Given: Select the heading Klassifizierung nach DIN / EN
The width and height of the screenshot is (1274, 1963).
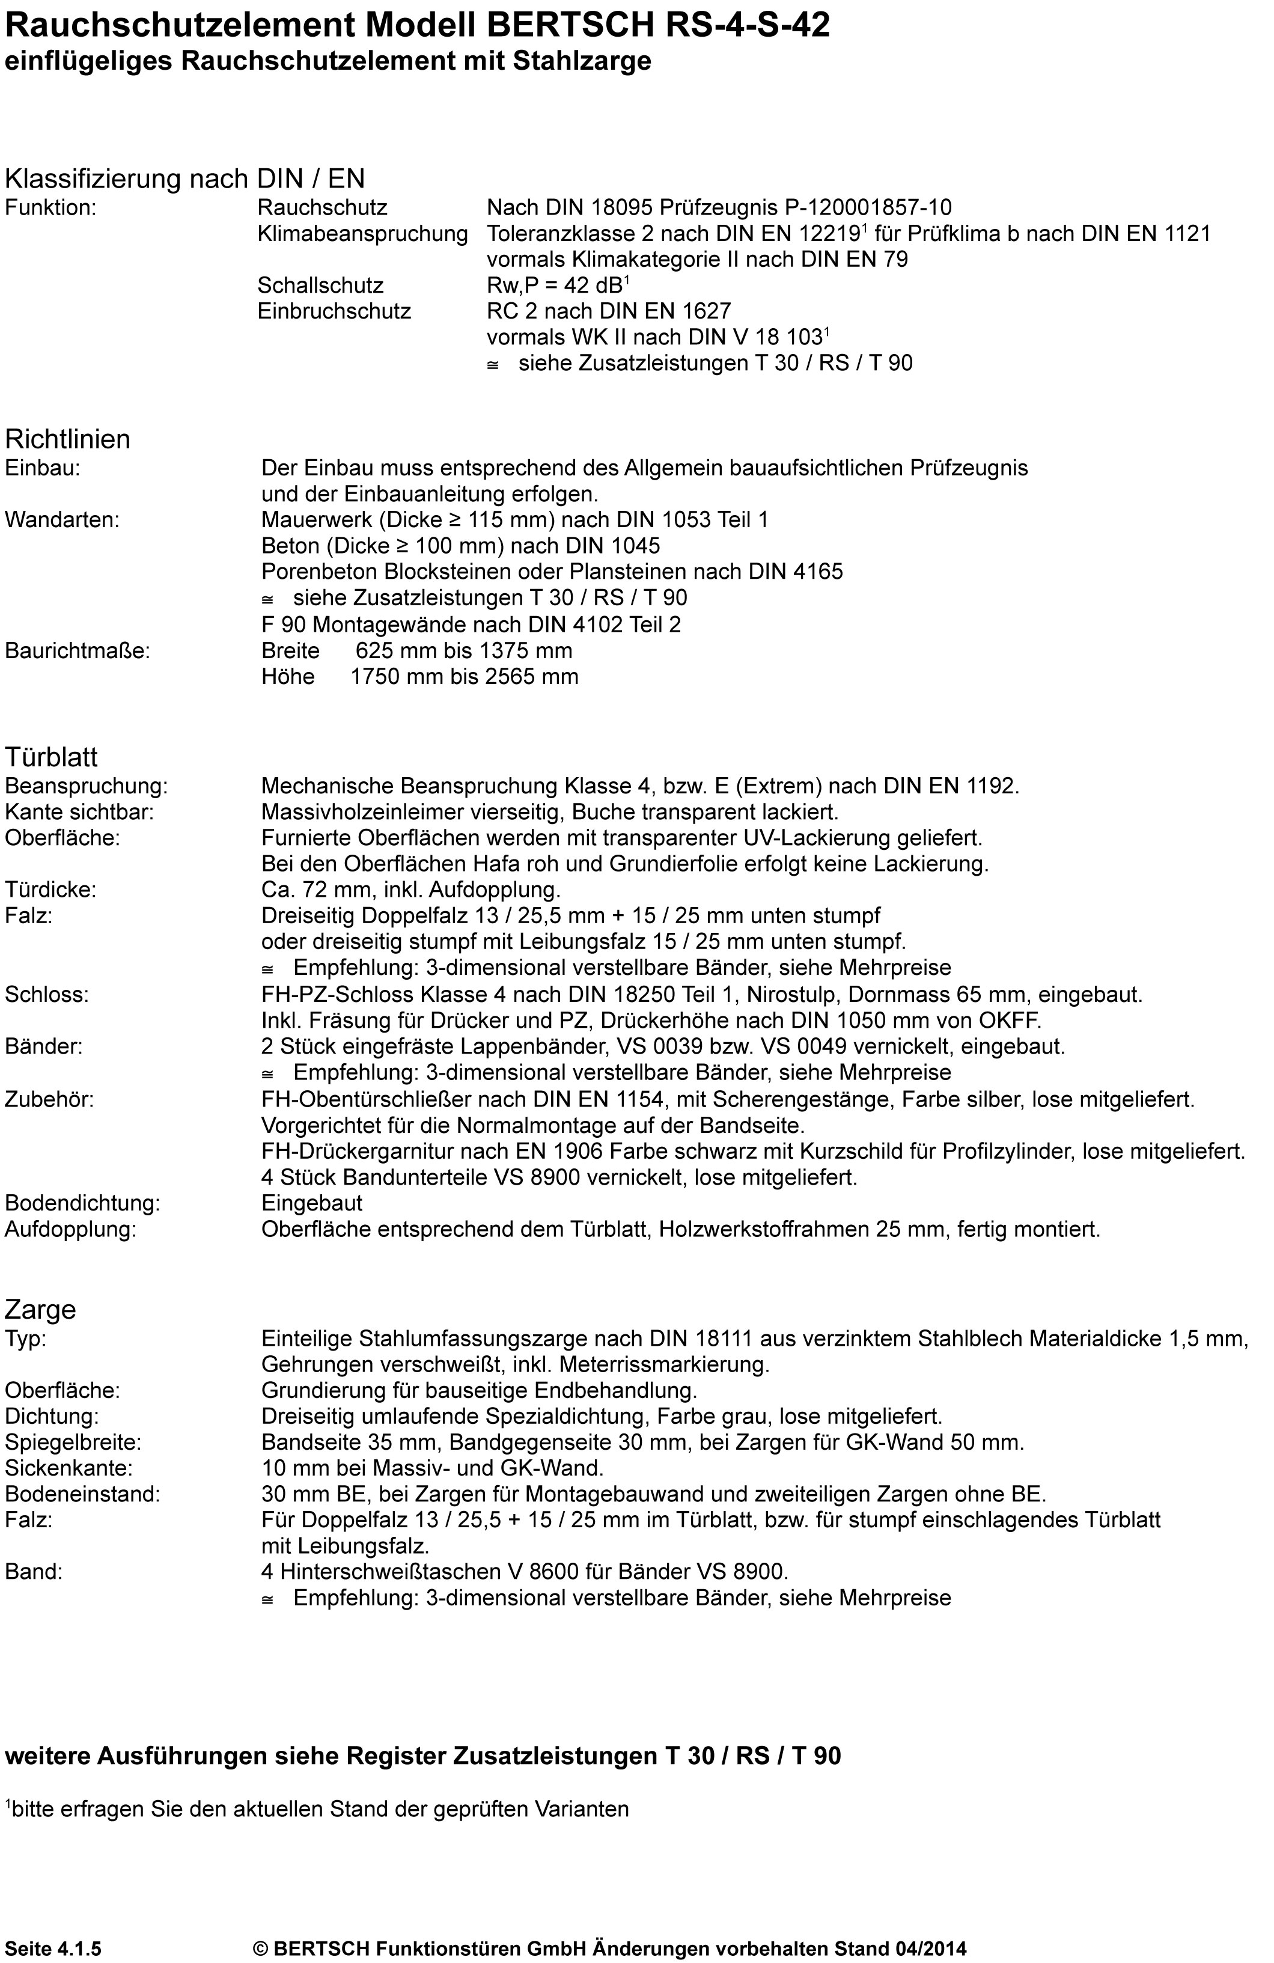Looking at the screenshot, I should tap(184, 178).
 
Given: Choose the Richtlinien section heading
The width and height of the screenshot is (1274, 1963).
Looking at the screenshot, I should tap(68, 439).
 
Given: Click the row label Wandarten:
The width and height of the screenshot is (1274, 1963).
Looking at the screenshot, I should tap(62, 520).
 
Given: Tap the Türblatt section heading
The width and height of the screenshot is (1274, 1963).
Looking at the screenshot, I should tap(51, 756).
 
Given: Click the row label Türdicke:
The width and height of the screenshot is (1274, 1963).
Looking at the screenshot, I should tap(50, 890).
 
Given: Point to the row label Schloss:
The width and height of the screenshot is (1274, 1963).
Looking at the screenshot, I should tap(46, 995).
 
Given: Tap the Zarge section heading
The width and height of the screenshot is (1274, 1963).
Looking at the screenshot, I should tap(40, 1309).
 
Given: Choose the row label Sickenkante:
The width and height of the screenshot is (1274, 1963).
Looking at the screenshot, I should tap(69, 1468).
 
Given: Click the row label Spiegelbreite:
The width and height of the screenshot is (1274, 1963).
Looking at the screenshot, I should tap(73, 1442).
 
